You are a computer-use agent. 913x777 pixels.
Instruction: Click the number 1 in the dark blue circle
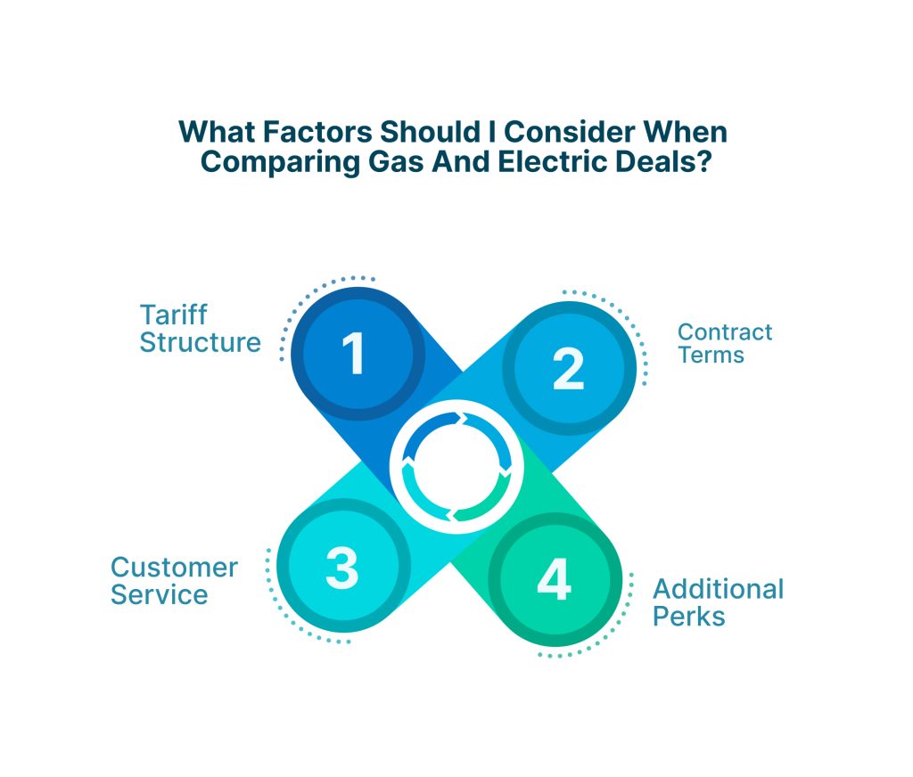[355, 353]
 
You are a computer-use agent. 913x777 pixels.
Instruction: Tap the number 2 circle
[567, 369]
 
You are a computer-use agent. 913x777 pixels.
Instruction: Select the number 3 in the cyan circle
[341, 567]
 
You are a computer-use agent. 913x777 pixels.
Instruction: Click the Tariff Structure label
[201, 329]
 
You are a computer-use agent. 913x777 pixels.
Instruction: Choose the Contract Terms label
[724, 343]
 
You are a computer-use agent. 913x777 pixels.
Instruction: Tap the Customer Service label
[174, 581]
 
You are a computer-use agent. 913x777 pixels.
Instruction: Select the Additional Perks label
[718, 602]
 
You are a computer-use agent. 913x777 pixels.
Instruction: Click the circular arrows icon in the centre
[456, 465]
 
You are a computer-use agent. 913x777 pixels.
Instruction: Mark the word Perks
[689, 616]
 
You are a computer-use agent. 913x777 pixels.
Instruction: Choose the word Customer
[174, 568]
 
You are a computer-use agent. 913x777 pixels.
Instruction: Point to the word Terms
[711, 355]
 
